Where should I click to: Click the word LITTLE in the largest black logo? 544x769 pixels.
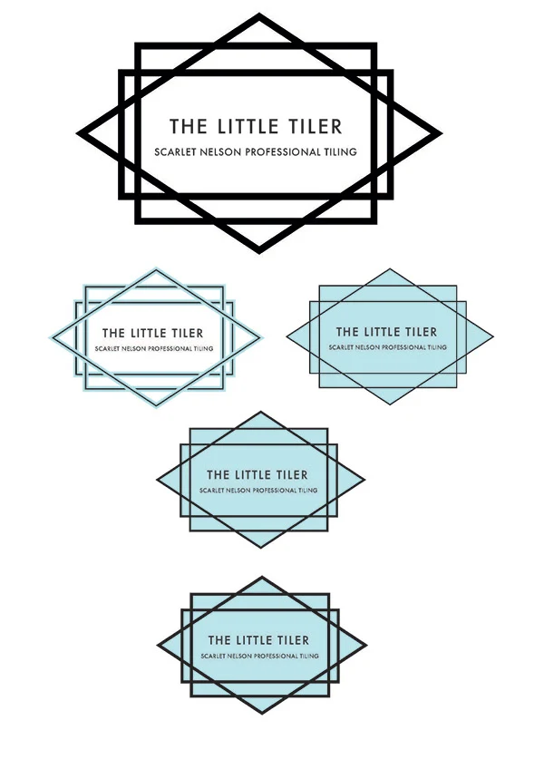point(248,126)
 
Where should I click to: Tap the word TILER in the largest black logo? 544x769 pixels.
point(315,126)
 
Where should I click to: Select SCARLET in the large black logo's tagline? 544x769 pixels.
point(172,152)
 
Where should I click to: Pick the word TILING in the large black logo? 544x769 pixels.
point(340,152)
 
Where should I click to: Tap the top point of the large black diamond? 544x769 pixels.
point(259,14)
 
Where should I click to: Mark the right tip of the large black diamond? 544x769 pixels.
point(442,133)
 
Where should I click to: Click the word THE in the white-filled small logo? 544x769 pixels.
point(113,334)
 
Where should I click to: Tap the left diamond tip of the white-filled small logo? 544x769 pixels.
point(50,337)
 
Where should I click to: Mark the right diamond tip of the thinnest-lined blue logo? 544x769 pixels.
point(493,336)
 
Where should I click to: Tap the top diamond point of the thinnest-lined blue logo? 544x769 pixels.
point(390,269)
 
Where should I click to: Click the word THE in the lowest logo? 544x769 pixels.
point(219,640)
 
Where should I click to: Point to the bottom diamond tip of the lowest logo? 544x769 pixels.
point(261,713)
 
